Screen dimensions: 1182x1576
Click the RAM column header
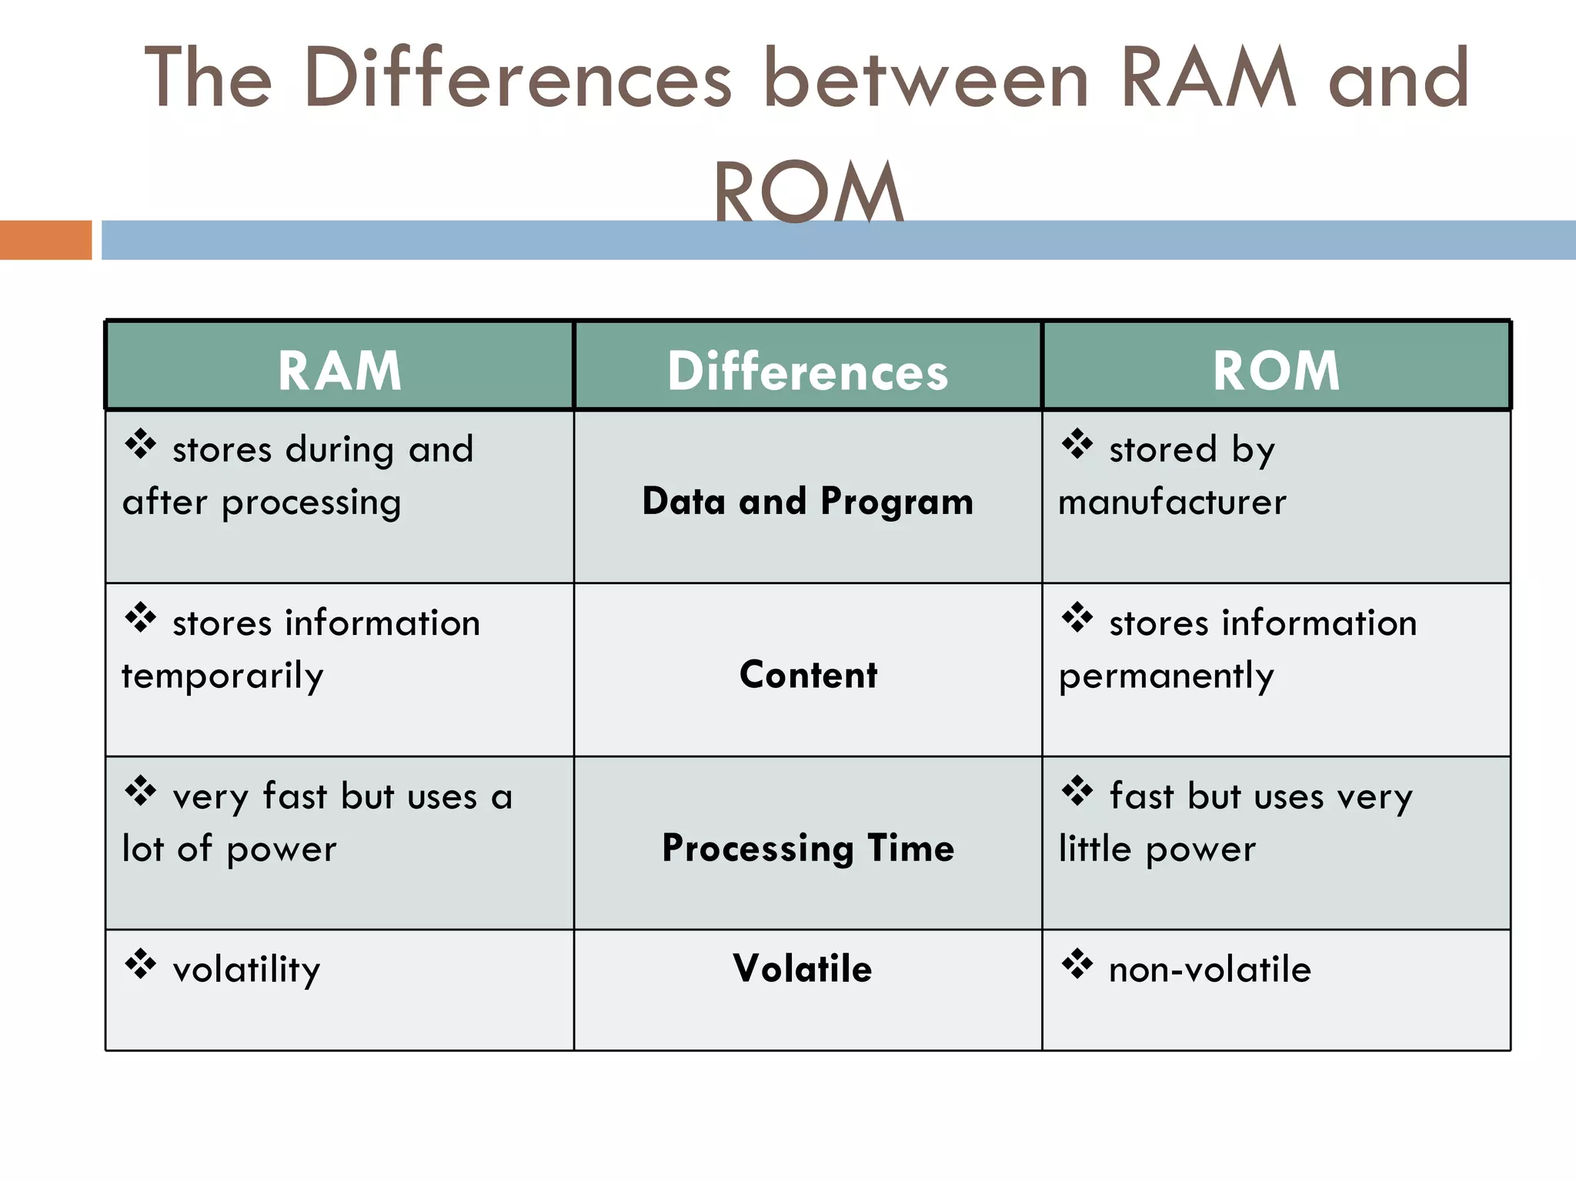[339, 371]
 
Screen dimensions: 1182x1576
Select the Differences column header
[807, 371]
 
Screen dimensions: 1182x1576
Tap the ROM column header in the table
[1276, 371]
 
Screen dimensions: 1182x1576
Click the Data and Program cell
[807, 501]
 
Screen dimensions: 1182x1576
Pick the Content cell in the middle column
[808, 675]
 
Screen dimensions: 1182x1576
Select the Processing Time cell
[808, 848]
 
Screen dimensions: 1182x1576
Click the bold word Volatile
[802, 968]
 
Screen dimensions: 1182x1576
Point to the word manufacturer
[1172, 503]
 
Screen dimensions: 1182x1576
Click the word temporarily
[222, 676]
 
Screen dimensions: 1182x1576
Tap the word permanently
[1166, 676]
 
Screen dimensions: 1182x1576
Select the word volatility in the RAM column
[246, 970]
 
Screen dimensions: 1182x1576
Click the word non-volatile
[1210, 970]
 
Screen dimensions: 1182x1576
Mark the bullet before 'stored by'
[1077, 444]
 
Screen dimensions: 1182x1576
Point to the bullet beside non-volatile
[1077, 964]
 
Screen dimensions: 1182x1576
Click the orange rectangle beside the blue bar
[45, 240]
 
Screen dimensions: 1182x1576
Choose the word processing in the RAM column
[311, 503]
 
